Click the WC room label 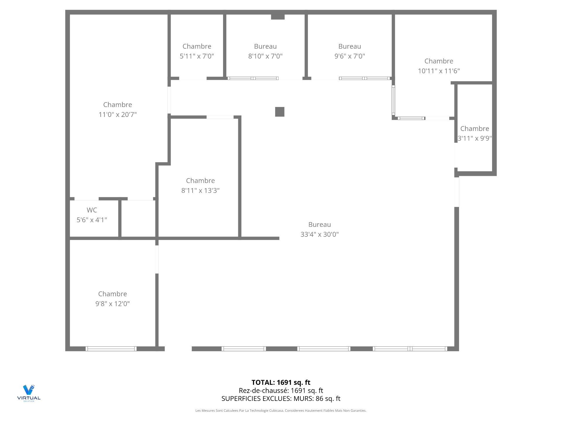(x=92, y=210)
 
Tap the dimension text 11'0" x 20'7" (x=118, y=115)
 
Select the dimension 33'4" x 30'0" (x=320, y=234)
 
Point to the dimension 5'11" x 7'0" (x=197, y=56)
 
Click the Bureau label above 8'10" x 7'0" (x=265, y=46)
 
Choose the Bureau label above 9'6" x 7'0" (x=349, y=46)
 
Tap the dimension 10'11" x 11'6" (x=439, y=71)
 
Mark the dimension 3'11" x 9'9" (x=474, y=138)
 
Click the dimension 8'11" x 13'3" (x=201, y=191)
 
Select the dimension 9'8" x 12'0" (x=112, y=304)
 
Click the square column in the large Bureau (x=280, y=112)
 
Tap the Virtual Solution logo (x=29, y=393)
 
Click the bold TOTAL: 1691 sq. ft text (x=281, y=382)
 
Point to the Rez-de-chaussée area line (x=281, y=391)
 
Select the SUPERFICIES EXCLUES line (x=281, y=399)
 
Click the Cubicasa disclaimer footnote (x=281, y=411)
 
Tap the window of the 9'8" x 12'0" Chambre (x=111, y=349)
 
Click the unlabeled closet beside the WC (x=138, y=219)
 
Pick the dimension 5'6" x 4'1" (x=92, y=220)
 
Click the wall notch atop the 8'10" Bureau (x=278, y=17)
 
